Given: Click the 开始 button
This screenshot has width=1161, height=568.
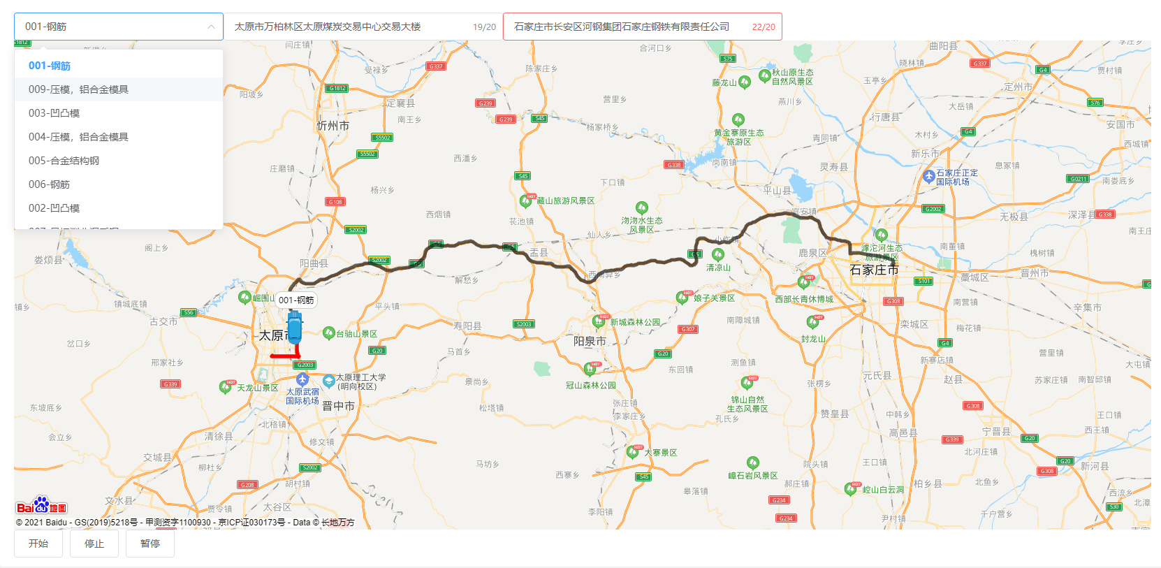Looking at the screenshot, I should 38,544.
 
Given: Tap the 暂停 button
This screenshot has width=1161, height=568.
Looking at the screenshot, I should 150,544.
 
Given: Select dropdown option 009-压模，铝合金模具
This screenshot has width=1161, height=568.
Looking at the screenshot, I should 78,89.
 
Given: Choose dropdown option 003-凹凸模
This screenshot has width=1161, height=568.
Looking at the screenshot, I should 54,113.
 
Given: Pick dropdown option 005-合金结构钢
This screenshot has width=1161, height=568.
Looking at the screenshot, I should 64,161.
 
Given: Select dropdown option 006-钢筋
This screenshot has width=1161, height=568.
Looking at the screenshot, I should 49,184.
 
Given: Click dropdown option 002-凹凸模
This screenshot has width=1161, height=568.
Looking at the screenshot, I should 54,208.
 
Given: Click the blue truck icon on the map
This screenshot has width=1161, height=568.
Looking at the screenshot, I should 295,326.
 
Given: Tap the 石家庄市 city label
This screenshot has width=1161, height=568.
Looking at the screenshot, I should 873,270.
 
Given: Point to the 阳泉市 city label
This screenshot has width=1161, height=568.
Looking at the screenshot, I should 590,341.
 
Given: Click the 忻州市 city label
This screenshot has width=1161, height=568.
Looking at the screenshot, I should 333,126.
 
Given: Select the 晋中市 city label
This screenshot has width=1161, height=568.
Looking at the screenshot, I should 338,406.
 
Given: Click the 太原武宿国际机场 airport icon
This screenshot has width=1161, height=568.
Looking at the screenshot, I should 302,379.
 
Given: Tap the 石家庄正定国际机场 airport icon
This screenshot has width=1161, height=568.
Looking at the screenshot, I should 929,177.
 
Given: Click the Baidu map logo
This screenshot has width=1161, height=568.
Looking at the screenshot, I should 41,506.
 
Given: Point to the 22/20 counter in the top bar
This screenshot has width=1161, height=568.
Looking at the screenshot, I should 763,27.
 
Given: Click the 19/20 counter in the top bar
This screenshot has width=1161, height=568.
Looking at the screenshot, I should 484,27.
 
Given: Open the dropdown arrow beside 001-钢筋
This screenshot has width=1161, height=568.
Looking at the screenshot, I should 211,27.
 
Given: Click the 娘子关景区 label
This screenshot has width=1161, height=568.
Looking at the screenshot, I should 714,298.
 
